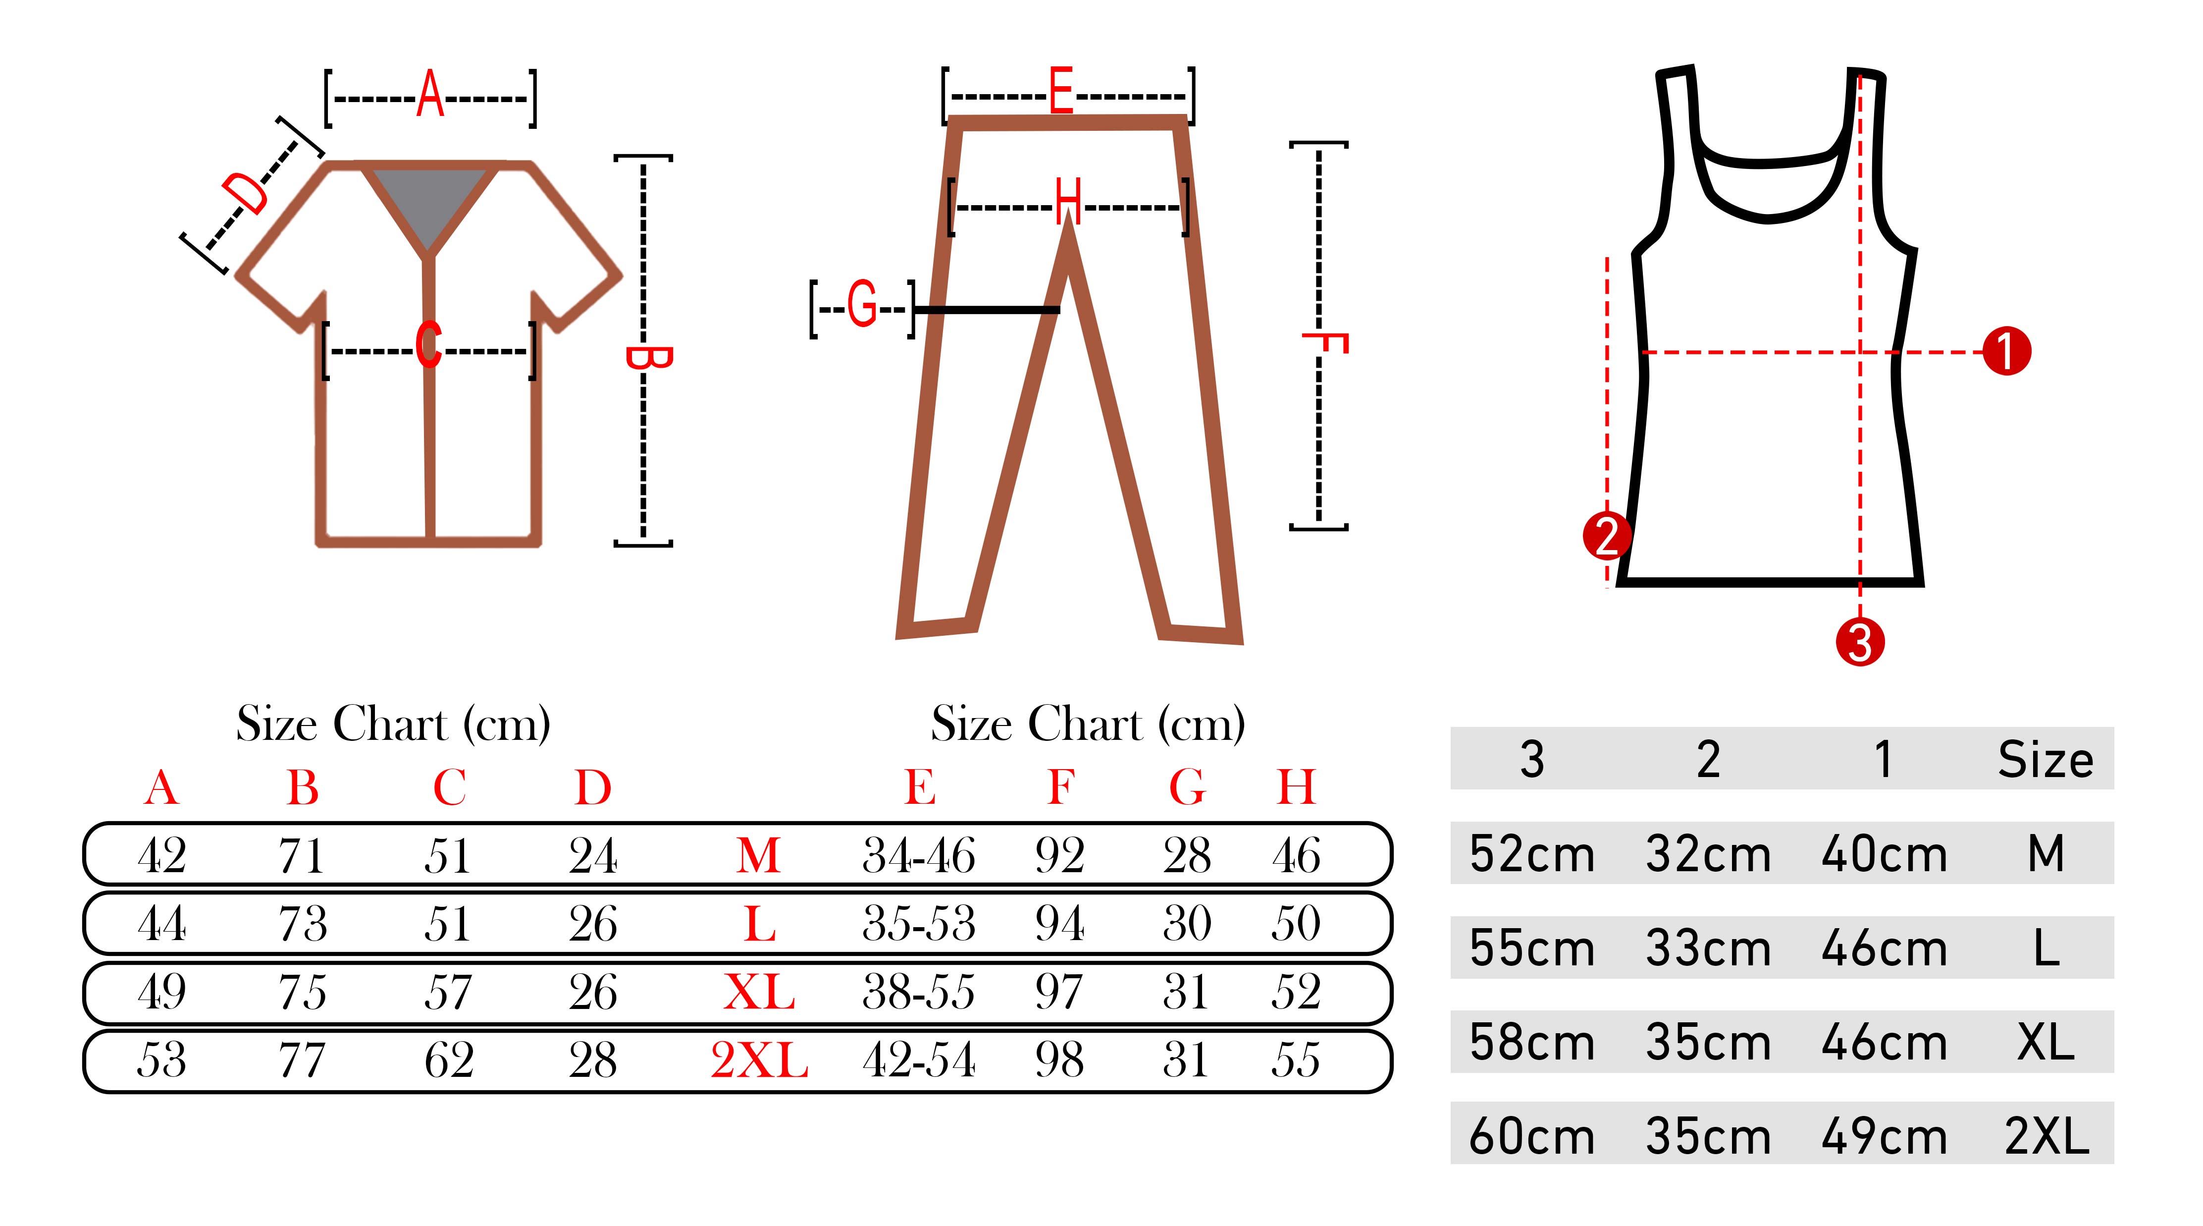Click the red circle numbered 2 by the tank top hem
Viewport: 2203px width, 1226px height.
pos(1607,536)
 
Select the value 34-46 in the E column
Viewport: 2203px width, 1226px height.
pos(918,855)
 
